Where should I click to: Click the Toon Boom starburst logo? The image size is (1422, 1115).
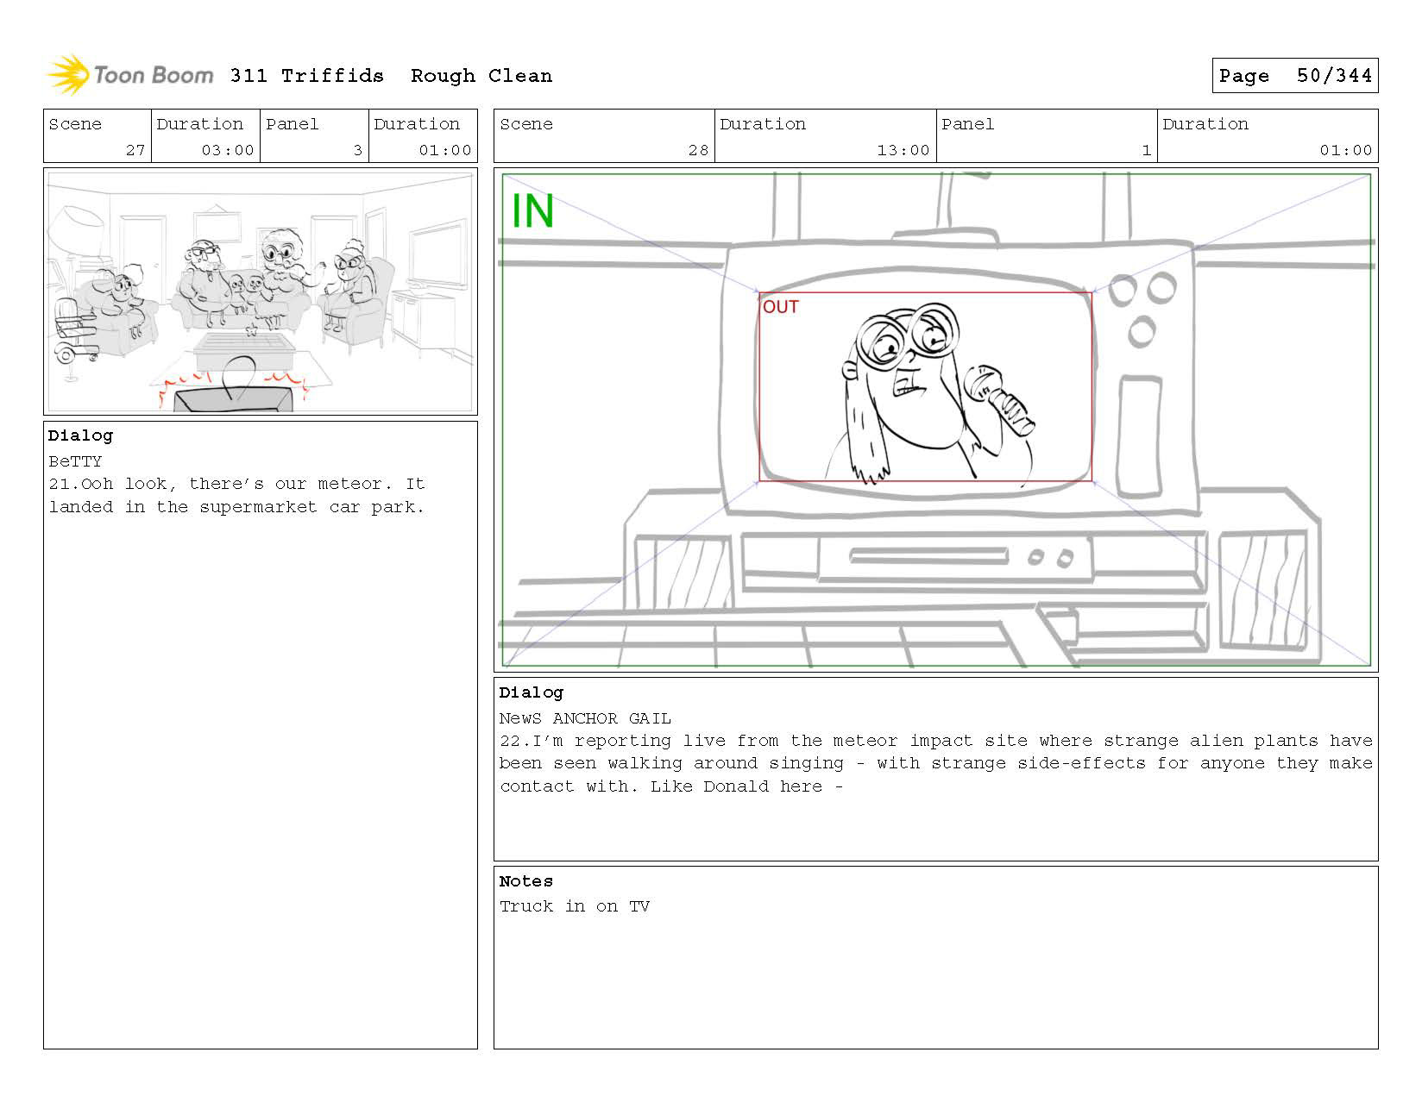point(67,75)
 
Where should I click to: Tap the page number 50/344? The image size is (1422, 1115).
point(1334,76)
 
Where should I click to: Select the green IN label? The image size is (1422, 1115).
point(532,210)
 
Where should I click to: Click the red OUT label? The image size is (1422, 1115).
point(780,307)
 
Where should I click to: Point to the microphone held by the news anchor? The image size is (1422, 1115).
point(998,399)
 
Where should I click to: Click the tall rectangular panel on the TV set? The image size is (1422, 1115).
point(1139,436)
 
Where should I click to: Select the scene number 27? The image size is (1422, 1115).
point(135,150)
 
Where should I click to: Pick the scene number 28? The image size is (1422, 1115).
point(698,150)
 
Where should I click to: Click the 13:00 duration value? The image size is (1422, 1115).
point(903,150)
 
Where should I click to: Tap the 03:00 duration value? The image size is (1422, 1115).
point(227,150)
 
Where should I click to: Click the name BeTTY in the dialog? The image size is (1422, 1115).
point(75,461)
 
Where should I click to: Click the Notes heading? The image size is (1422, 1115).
point(526,881)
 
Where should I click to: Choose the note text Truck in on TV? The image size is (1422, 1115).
point(575,906)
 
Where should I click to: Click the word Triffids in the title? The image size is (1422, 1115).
point(332,76)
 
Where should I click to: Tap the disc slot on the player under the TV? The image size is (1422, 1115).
point(928,556)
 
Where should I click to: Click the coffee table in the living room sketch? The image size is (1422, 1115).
point(245,351)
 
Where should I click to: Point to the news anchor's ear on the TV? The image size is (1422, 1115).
point(850,371)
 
